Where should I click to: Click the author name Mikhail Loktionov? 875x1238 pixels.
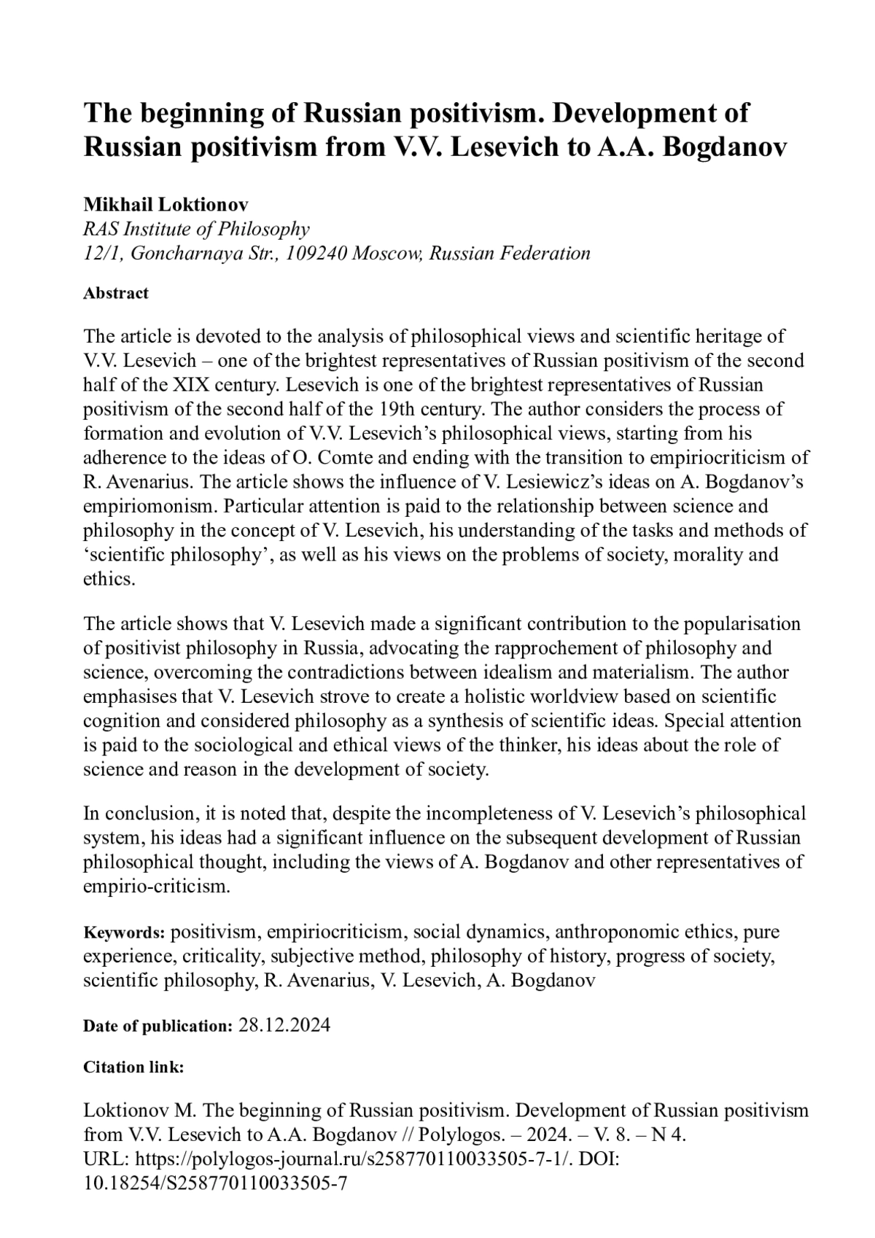166,204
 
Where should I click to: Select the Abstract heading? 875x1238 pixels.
116,293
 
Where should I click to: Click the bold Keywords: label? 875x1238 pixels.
125,933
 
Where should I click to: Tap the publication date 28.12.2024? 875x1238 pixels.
284,1026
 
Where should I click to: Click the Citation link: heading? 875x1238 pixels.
133,1067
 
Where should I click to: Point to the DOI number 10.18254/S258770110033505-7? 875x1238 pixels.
215,1182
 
